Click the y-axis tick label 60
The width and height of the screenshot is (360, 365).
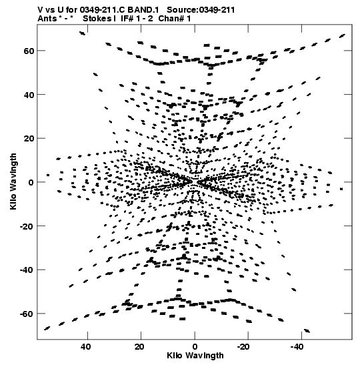(29, 51)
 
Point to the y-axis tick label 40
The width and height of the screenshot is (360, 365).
(29, 95)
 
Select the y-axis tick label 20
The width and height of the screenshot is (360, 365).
(29, 139)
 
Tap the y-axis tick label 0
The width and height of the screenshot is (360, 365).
(31, 182)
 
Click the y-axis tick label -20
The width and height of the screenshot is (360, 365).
(27, 226)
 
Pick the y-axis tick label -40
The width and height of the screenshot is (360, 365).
(27, 270)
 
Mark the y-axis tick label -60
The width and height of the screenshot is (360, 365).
(27, 314)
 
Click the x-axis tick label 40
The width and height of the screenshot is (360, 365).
(86, 347)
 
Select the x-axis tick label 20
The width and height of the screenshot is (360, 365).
(139, 347)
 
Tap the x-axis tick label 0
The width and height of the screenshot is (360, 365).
(195, 347)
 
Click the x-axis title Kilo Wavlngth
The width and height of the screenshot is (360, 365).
(195, 356)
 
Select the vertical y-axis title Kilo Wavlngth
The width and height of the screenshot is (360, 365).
(13, 181)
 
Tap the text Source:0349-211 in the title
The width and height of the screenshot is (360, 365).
(201, 10)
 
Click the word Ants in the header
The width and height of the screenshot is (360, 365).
(47, 19)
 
